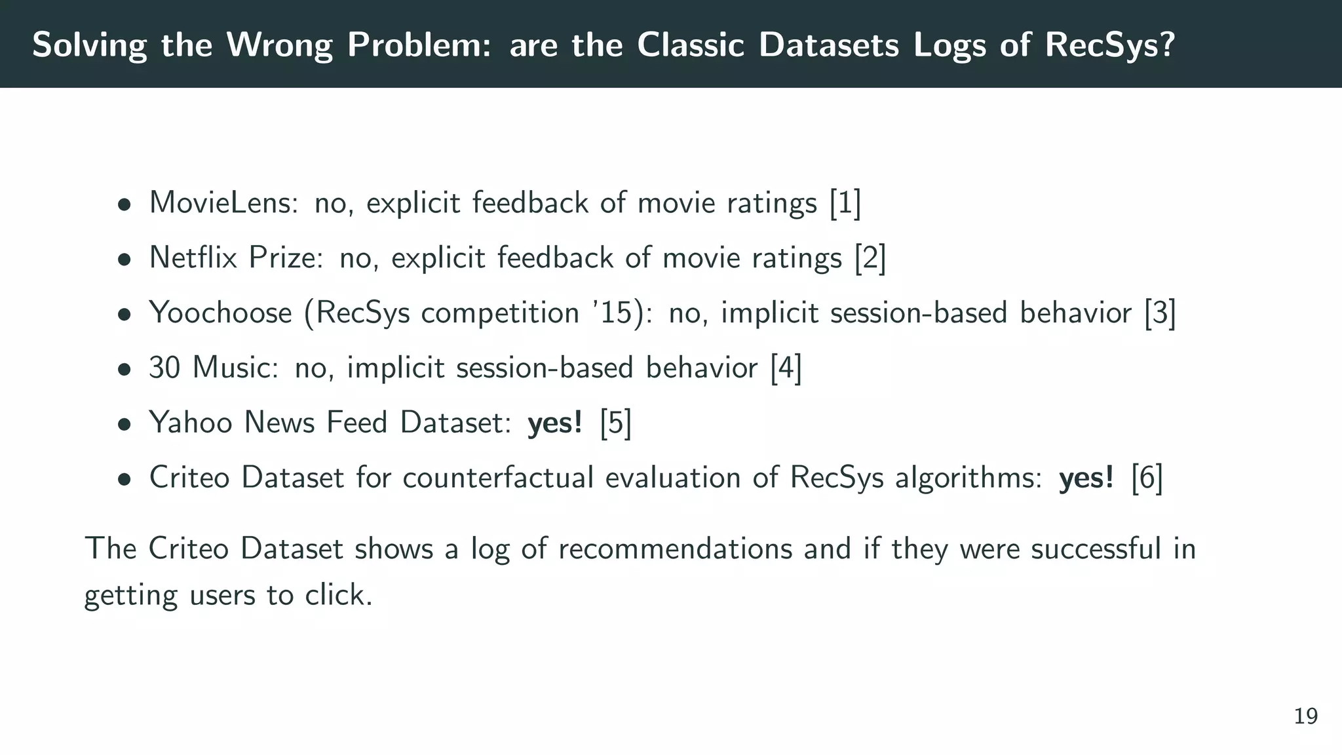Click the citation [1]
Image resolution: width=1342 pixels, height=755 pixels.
[845, 203]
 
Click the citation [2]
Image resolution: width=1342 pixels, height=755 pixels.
[870, 258]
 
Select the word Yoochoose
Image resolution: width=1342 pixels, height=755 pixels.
[220, 313]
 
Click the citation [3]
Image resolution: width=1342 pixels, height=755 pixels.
[1160, 313]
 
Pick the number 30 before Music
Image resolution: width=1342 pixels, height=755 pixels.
[164, 368]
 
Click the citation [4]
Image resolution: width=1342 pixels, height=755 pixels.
[786, 368]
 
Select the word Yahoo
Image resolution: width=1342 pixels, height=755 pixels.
[191, 423]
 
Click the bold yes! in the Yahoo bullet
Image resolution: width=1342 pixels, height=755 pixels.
[555, 423]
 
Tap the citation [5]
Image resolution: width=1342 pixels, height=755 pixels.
[616, 423]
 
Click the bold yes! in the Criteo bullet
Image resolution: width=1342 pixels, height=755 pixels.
[1086, 478]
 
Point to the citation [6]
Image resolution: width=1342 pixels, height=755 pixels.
[1147, 478]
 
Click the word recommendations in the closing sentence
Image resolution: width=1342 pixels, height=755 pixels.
[675, 549]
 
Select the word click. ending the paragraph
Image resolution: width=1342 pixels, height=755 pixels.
[338, 595]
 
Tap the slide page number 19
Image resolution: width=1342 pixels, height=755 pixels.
[1305, 716]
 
